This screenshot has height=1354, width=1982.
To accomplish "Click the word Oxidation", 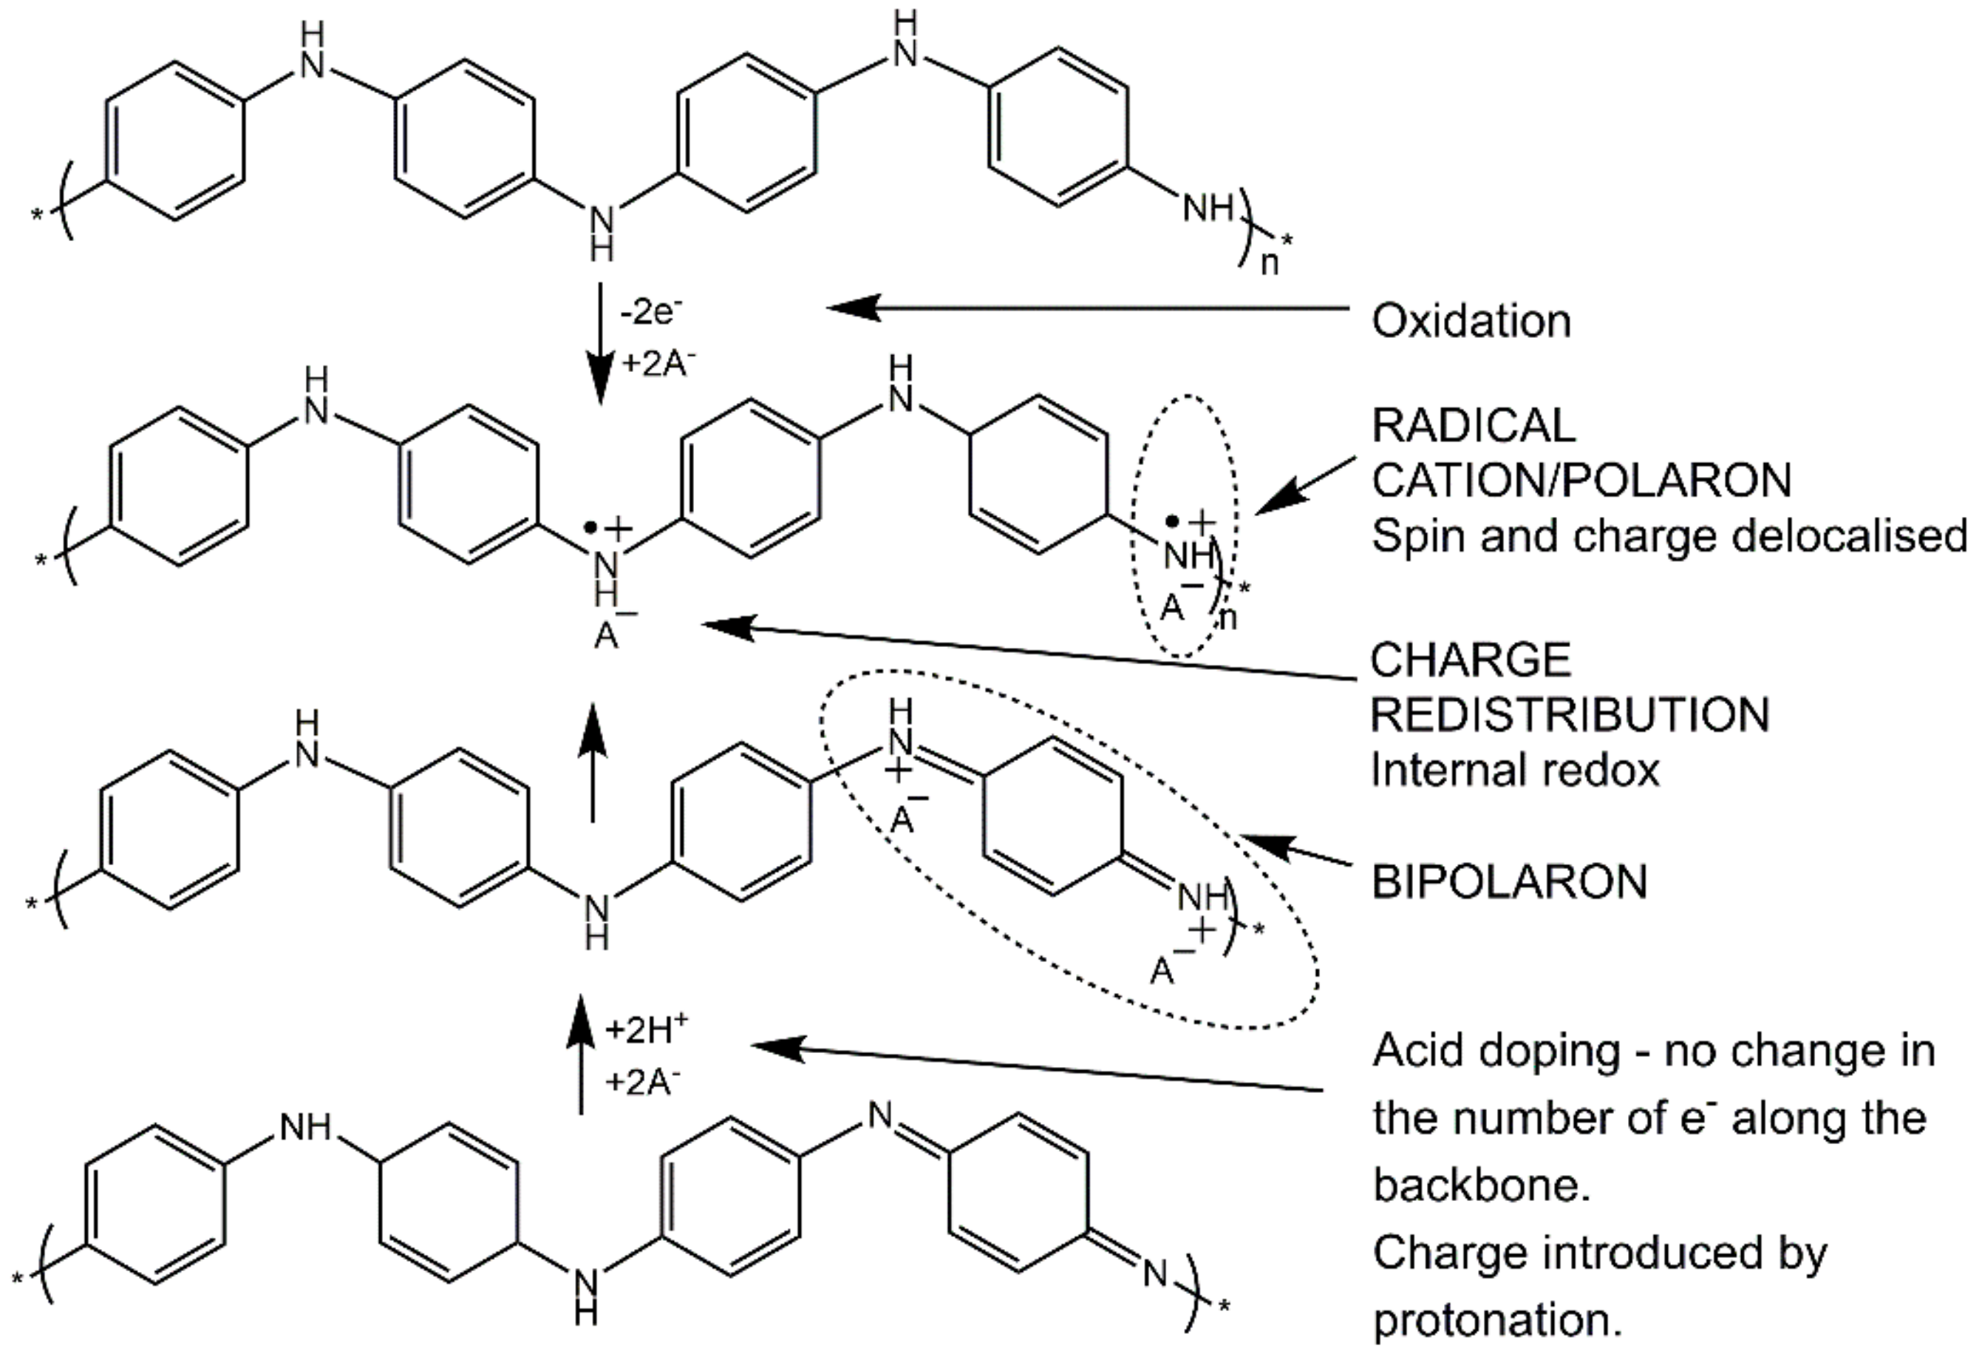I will pyautogui.click(x=1471, y=322).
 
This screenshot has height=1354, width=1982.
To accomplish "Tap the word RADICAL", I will pyautogui.click(x=1473, y=426).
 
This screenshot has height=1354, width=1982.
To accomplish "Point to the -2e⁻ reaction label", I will pyautogui.click(x=652, y=311).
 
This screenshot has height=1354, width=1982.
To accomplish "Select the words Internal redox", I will pyautogui.click(x=1515, y=771).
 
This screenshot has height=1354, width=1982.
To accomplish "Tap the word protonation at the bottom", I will pyautogui.click(x=1496, y=1321).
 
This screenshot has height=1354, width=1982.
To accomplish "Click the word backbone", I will pyautogui.click(x=1482, y=1186).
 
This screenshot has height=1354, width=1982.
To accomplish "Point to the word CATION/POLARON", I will pyautogui.click(x=1581, y=481).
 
